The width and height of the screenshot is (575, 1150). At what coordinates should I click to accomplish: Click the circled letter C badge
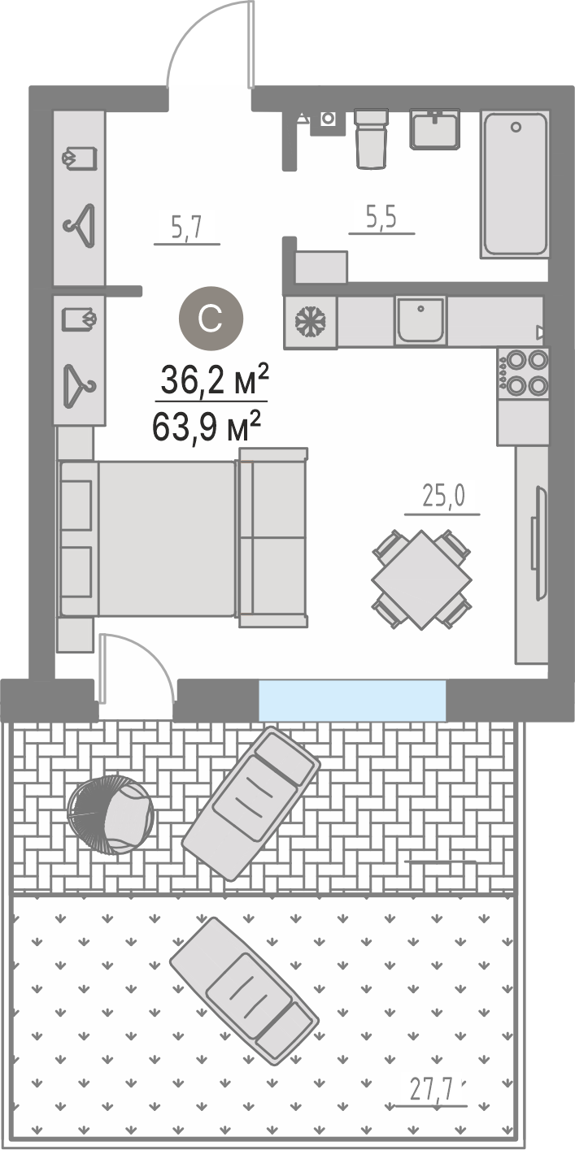tap(211, 319)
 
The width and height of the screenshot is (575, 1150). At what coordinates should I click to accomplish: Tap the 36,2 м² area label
tap(215, 380)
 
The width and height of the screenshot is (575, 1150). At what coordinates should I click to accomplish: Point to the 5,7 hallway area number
tap(186, 228)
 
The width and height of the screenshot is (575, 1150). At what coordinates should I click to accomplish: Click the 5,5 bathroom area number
tap(381, 218)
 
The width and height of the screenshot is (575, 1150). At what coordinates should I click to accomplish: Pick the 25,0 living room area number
tap(443, 497)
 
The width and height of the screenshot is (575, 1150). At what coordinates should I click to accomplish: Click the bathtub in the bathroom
tap(515, 184)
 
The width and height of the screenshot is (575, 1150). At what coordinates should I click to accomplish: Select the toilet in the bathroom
tap(371, 138)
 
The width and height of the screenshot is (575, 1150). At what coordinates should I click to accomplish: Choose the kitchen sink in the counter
tap(420, 321)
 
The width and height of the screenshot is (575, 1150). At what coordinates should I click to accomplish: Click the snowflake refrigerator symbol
tap(311, 322)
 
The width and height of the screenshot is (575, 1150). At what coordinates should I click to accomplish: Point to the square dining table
tap(421, 579)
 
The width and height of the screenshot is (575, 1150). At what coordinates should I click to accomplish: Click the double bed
tap(148, 538)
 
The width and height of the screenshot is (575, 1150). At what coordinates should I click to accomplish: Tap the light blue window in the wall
tap(352, 700)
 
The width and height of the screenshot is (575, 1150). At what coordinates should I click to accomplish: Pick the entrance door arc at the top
tap(193, 33)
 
